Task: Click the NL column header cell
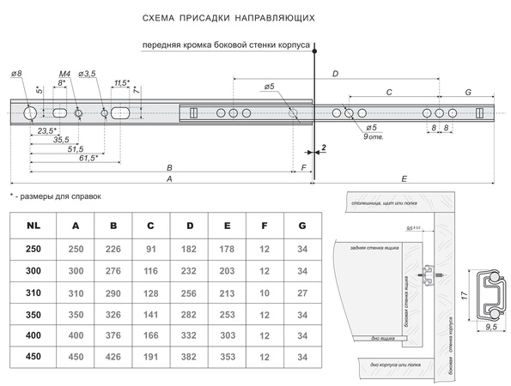point(32,226)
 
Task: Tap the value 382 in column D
point(189,357)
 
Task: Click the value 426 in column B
point(113,357)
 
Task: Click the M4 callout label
point(64,76)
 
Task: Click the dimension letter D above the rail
point(336,74)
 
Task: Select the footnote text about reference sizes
point(56,196)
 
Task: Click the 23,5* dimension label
point(47,130)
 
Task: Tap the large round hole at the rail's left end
point(30,112)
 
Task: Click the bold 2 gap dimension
point(323,148)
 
